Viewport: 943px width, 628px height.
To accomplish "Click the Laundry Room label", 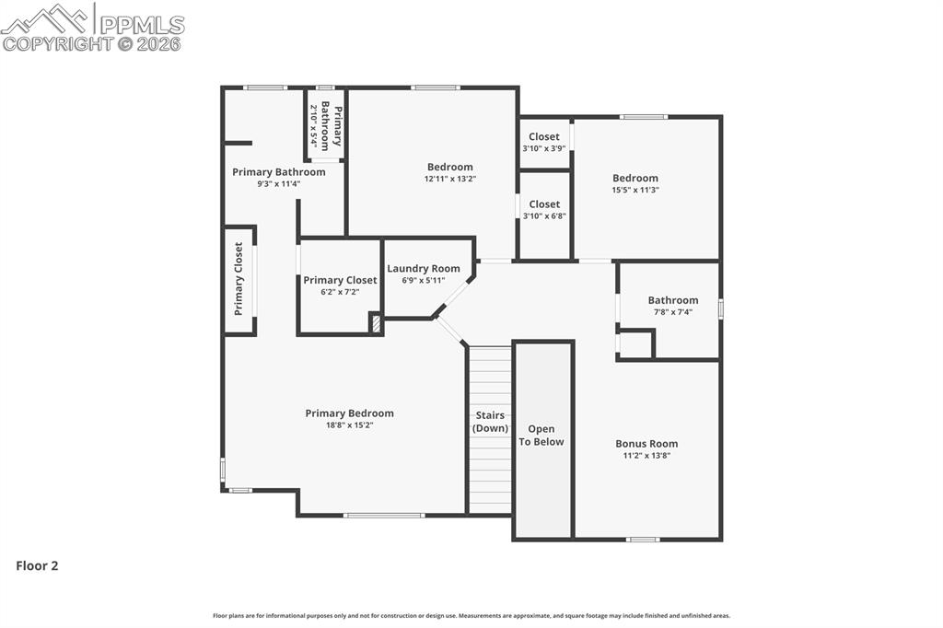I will tap(424, 269).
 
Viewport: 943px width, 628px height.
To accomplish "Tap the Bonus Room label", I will tap(646, 444).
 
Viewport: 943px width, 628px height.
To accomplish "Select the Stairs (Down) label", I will tap(490, 422).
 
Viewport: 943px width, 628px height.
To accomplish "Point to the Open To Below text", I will tap(541, 436).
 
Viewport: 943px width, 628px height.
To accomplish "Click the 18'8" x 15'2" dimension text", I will tap(349, 425).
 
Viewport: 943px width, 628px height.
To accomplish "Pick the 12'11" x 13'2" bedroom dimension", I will tap(449, 179).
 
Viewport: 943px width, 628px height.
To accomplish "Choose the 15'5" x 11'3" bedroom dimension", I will tap(635, 190).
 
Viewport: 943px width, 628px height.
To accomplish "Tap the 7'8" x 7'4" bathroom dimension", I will tap(672, 312).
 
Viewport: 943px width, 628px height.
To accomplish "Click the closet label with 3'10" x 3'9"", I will tap(543, 137).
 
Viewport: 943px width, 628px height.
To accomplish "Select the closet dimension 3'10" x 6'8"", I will tap(543, 216).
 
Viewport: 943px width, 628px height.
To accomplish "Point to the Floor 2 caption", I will tap(37, 566).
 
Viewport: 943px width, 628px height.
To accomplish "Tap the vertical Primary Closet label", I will tap(239, 279).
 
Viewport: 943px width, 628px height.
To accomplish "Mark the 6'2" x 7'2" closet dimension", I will tap(340, 292).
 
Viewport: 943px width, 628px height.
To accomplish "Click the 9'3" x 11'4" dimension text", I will tap(278, 184).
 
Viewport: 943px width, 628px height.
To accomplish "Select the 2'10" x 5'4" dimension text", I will tap(314, 126).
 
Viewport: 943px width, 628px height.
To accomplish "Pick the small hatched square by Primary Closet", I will tap(376, 323).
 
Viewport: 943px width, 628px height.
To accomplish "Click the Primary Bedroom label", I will tap(349, 413).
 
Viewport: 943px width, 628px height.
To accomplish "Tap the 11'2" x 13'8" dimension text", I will tap(646, 455).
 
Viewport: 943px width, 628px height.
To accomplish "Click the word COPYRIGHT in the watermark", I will tap(57, 43).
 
